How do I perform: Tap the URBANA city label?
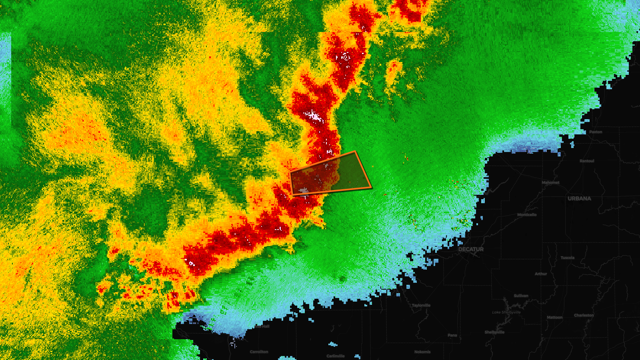pyautogui.click(x=579, y=198)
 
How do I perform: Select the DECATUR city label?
pyautogui.click(x=471, y=249)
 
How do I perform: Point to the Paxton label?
pyautogui.click(x=596, y=132)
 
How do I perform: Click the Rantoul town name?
pyautogui.click(x=587, y=161)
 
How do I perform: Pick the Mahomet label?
pyautogui.click(x=550, y=183)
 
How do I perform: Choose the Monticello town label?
pyautogui.click(x=527, y=215)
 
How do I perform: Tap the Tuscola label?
pyautogui.click(x=567, y=258)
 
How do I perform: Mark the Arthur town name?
pyautogui.click(x=541, y=274)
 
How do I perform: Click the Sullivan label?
pyautogui.click(x=521, y=296)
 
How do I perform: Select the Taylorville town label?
pyautogui.click(x=421, y=305)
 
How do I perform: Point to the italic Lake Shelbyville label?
pyautogui.click(x=506, y=312)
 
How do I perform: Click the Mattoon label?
pyautogui.click(x=554, y=317)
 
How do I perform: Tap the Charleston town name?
pyautogui.click(x=584, y=315)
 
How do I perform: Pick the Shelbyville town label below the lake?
pyautogui.click(x=494, y=332)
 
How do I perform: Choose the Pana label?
pyautogui.click(x=452, y=335)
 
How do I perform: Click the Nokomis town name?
pyautogui.click(x=422, y=352)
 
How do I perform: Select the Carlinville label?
pyautogui.click(x=335, y=356)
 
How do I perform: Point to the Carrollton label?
pyautogui.click(x=259, y=352)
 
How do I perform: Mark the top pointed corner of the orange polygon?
pyautogui.click(x=355, y=152)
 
